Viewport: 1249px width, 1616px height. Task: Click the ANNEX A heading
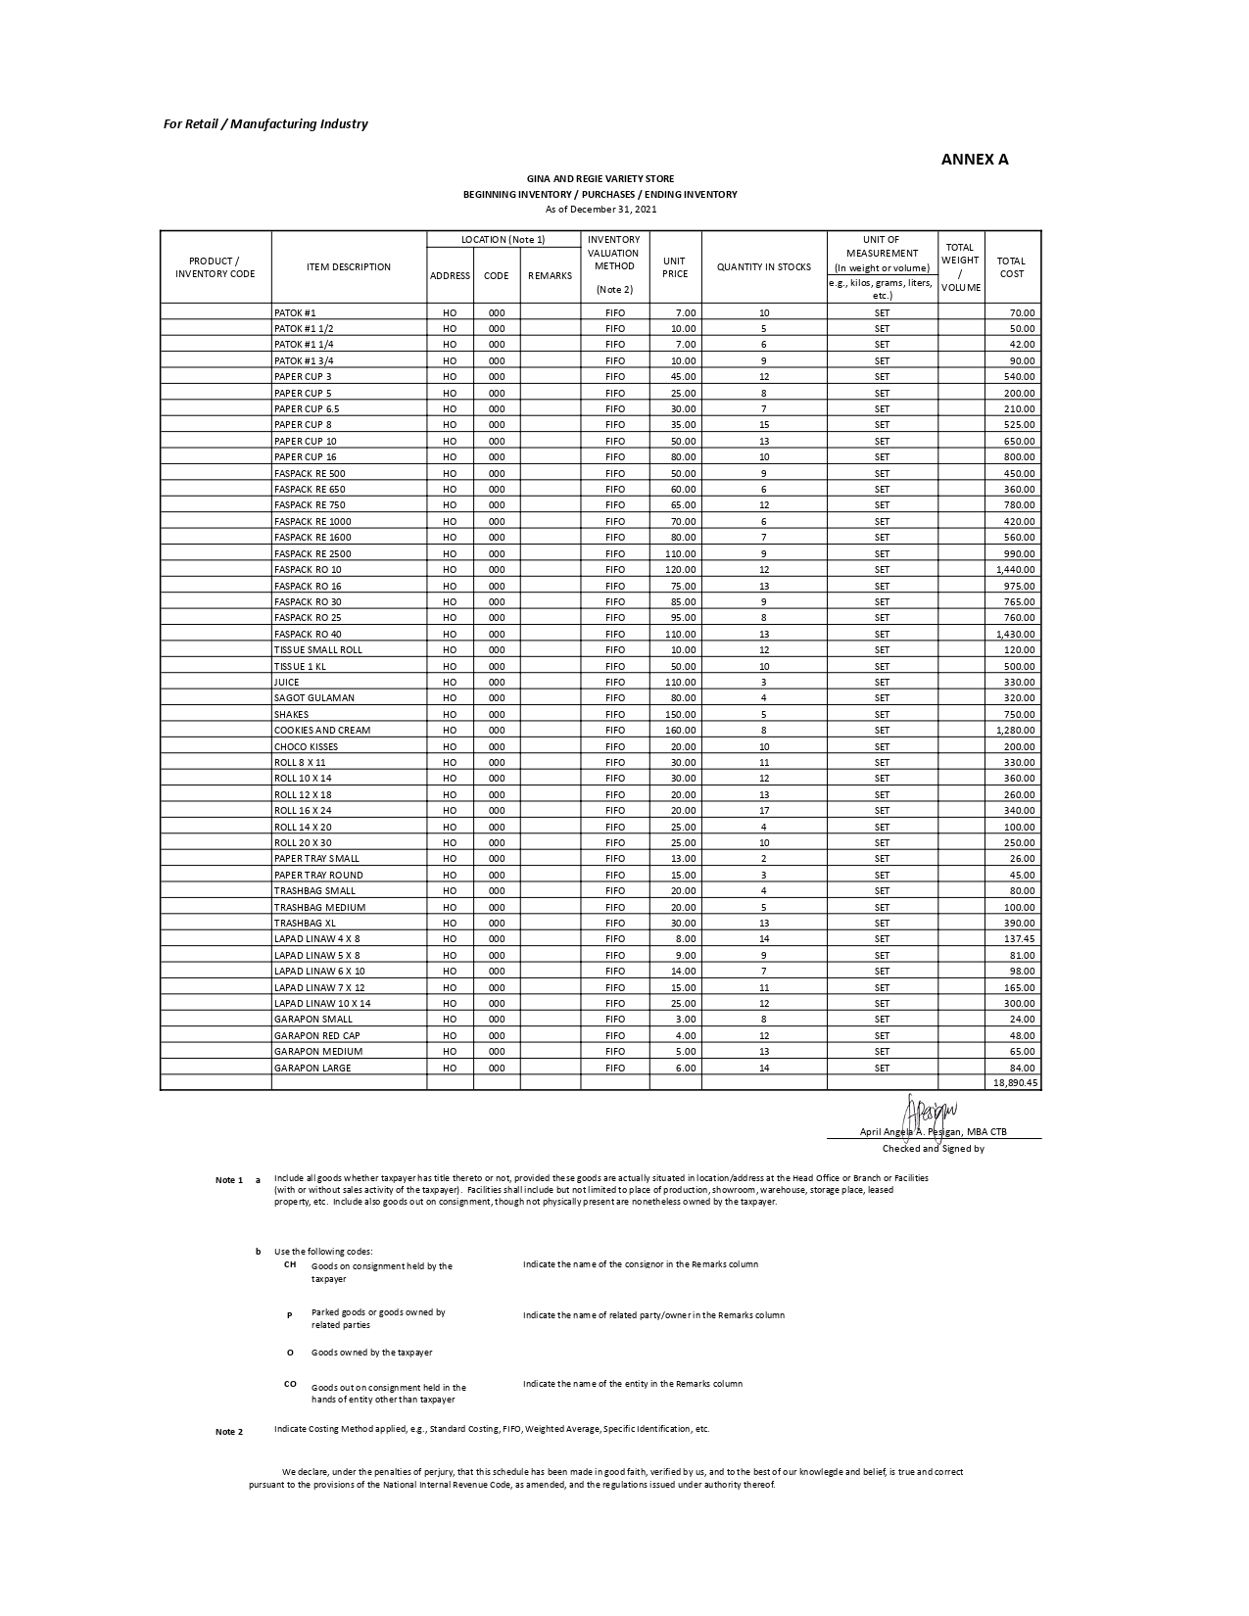tap(974, 160)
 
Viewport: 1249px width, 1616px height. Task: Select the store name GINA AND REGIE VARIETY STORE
tap(600, 179)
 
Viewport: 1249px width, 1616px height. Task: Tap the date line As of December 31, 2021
tap(600, 209)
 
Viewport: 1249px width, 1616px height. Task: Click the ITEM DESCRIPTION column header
tap(348, 267)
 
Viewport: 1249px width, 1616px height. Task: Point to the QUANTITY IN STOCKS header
tap(764, 267)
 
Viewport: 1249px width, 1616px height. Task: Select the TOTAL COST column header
tap(1011, 267)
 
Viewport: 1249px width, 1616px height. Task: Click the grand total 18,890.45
tap(1015, 1083)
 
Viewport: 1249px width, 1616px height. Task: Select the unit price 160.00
tap(681, 731)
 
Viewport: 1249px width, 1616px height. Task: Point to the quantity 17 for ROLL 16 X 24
tap(764, 811)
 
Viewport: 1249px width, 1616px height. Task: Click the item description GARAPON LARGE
tap(312, 1069)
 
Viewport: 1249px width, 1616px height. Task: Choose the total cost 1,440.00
tap(1016, 570)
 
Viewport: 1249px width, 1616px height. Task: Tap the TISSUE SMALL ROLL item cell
tap(318, 650)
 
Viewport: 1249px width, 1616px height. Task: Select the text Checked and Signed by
tap(933, 1149)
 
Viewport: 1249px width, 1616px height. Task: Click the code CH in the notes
tap(290, 1264)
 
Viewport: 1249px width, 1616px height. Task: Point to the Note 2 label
tap(229, 1432)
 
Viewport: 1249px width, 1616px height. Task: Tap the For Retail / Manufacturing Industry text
tap(265, 124)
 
